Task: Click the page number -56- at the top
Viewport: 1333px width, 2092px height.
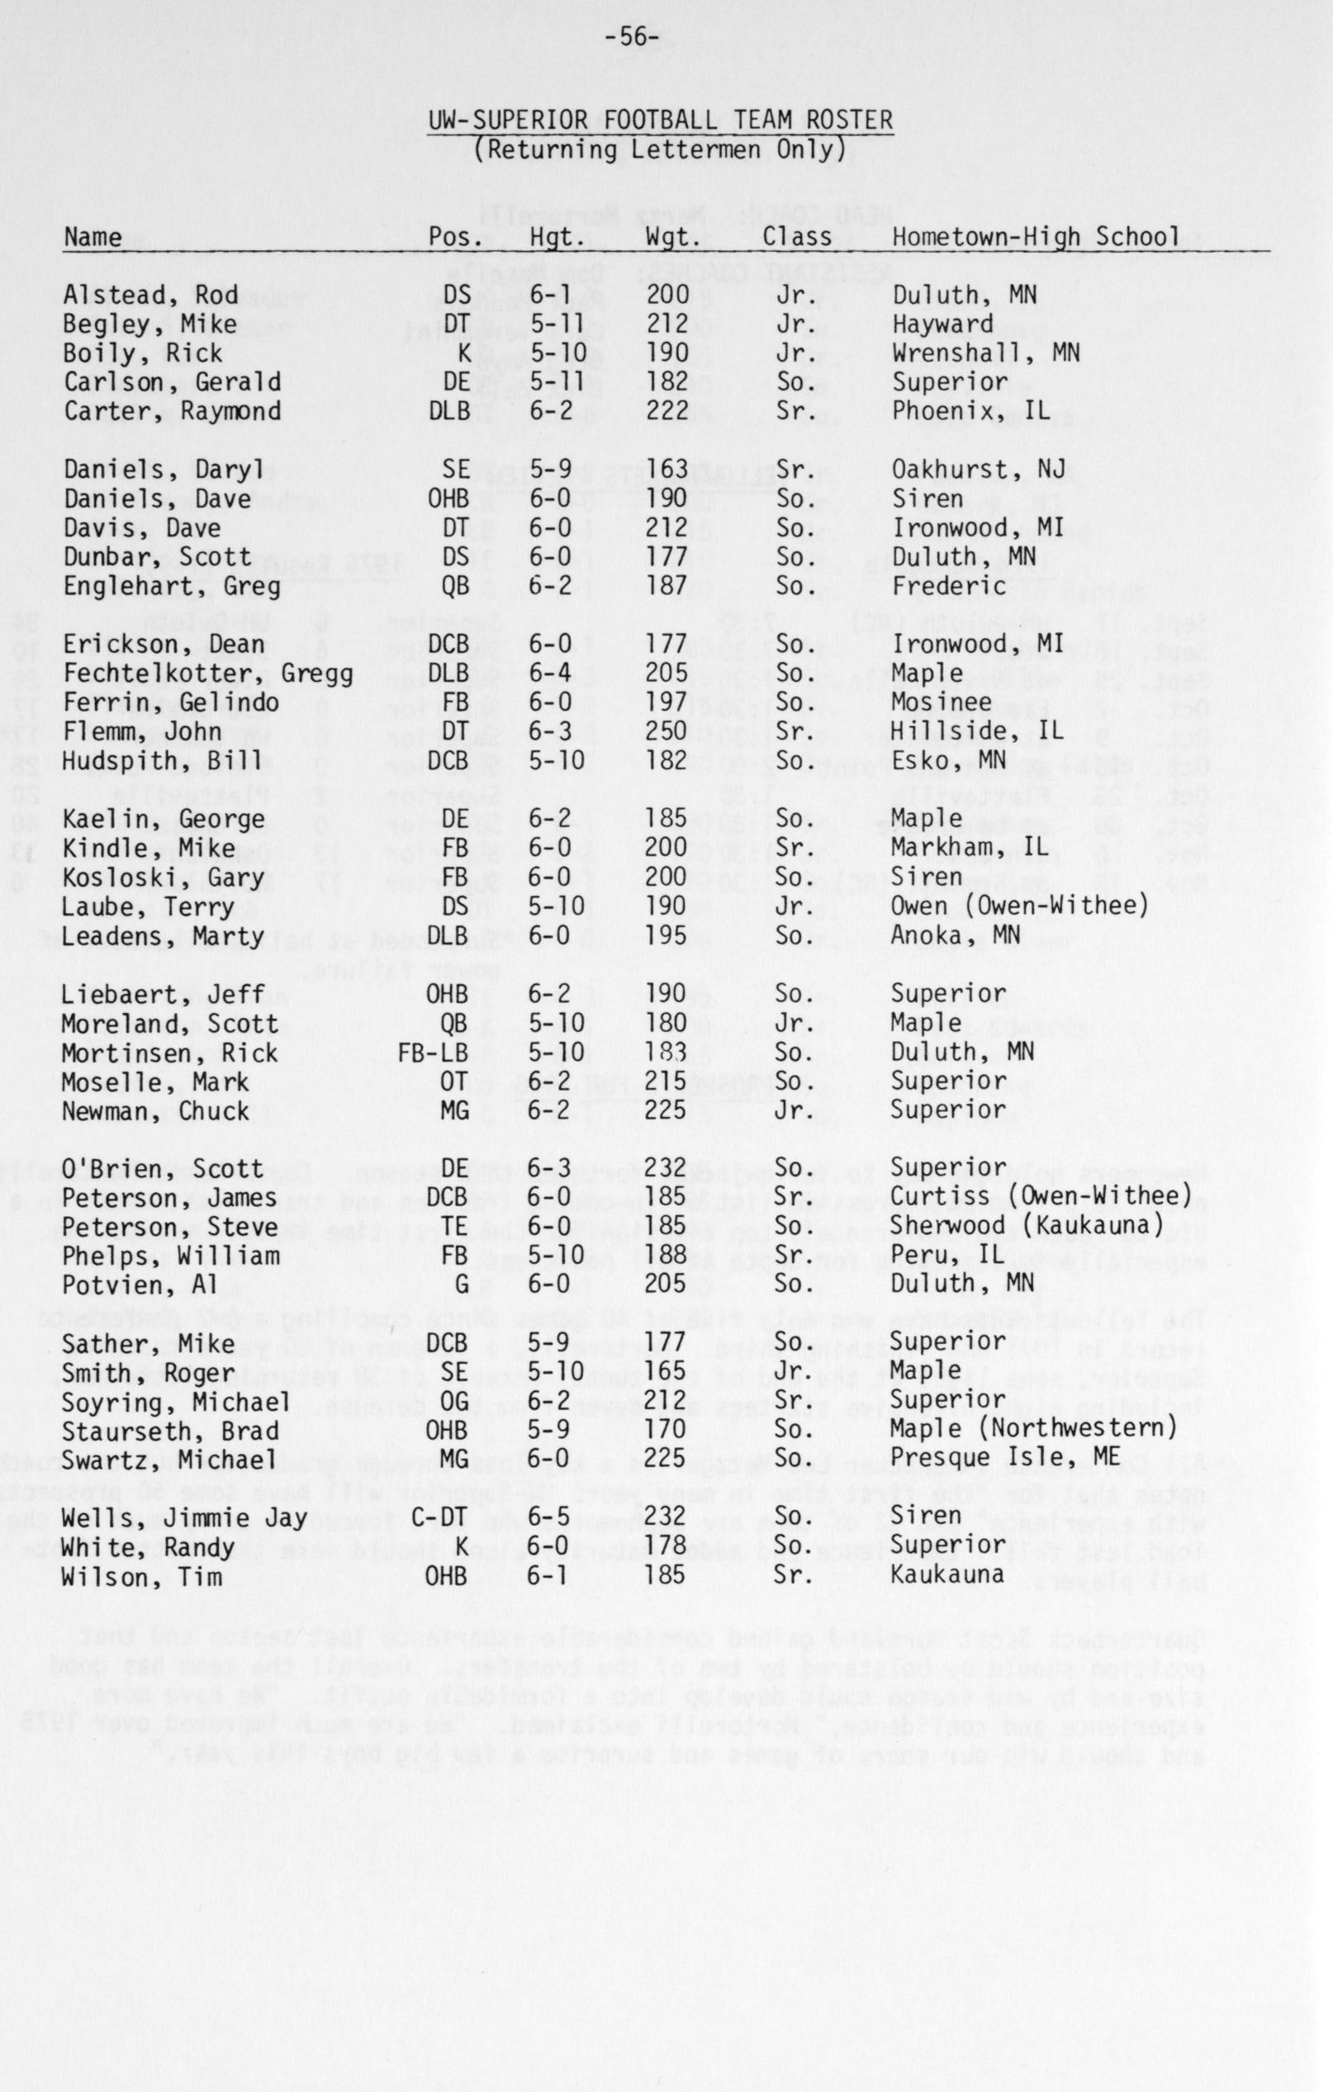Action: [633, 38]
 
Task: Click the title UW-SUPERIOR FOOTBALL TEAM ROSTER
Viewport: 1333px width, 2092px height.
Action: [661, 120]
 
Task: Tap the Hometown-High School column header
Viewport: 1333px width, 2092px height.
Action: [1036, 236]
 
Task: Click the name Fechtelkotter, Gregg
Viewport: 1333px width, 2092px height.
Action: [207, 674]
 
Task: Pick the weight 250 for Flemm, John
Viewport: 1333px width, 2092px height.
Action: [666, 731]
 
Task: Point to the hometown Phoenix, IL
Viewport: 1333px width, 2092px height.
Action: [970, 411]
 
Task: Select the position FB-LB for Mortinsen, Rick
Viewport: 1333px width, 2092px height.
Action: [433, 1053]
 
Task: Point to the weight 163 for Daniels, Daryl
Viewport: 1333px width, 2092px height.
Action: [666, 470]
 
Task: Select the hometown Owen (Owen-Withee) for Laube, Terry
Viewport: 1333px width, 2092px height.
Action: [1020, 907]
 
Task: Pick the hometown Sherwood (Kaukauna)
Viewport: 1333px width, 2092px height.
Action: [1027, 1227]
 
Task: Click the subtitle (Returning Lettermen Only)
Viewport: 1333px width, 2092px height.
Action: [660, 149]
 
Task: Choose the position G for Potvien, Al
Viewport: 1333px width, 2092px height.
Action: [462, 1284]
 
